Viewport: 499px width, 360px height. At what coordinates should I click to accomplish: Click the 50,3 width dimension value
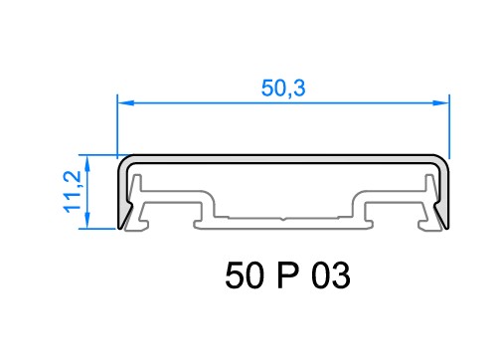283,89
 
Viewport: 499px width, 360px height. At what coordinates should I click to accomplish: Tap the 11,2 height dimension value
73,191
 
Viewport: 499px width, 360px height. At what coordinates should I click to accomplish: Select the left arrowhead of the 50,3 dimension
125,103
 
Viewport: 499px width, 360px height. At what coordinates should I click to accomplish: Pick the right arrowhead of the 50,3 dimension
441,103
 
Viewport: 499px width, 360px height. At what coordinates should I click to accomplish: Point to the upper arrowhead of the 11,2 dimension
87,164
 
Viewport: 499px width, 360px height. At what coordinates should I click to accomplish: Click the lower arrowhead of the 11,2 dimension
87,220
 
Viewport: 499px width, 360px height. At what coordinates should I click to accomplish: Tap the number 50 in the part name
245,275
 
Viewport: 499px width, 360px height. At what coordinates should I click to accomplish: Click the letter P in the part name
287,275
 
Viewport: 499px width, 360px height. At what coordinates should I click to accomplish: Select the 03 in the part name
330,275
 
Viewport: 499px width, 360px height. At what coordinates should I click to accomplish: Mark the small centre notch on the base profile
282,219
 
